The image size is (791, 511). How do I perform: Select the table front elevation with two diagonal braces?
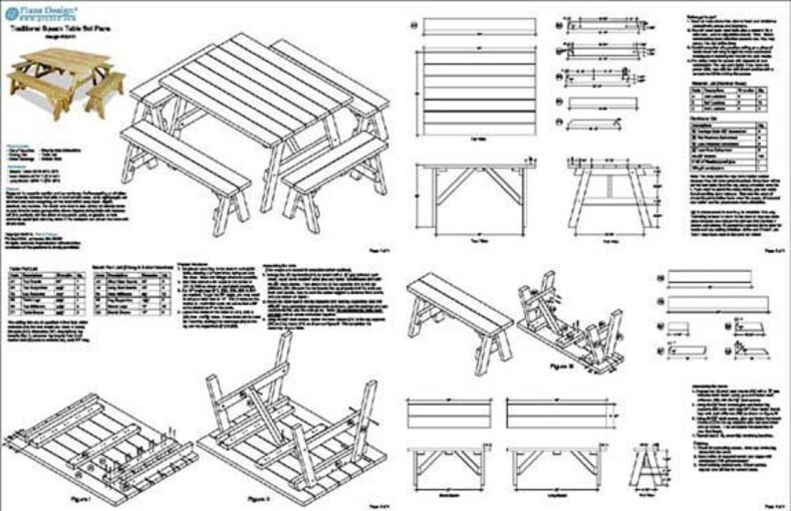(475, 193)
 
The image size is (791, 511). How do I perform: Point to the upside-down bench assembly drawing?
(568, 319)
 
